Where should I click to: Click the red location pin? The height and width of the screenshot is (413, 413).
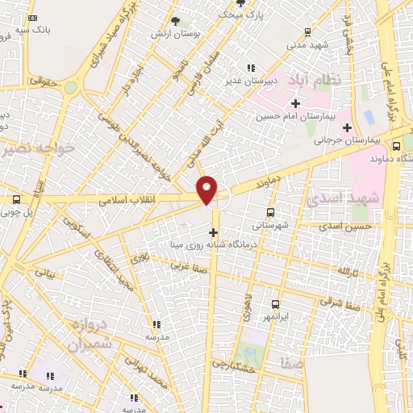click(x=207, y=190)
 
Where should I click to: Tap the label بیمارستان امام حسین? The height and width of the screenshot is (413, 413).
click(x=296, y=116)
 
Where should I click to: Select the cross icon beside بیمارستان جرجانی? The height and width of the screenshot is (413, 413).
click(x=348, y=127)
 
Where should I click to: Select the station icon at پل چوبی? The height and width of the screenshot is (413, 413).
click(x=16, y=199)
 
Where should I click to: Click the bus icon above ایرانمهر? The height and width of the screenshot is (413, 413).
click(x=276, y=304)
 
